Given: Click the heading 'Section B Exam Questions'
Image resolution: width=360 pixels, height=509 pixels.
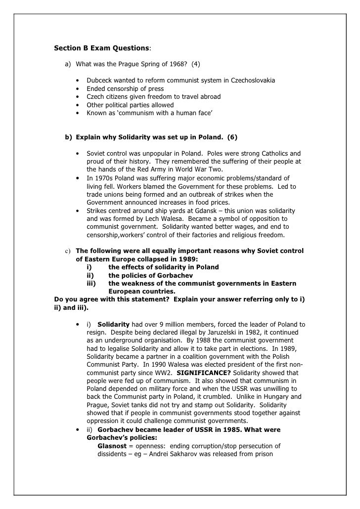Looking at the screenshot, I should (101, 48).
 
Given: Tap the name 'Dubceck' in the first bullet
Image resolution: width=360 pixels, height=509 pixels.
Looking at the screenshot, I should (100, 80).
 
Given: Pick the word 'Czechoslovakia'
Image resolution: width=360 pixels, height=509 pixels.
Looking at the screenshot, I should (252, 80).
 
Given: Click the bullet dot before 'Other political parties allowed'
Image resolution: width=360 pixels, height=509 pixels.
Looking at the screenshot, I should (78, 105).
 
